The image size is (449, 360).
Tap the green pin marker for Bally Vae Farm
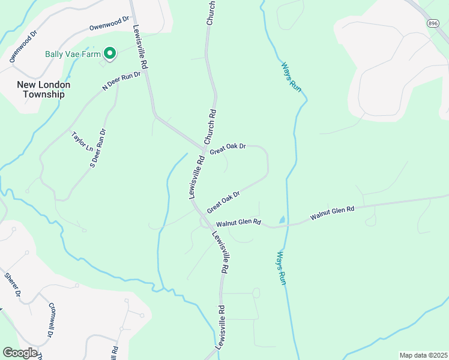click(x=110, y=54)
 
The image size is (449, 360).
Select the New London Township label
click(x=43, y=89)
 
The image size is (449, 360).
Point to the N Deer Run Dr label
click(x=121, y=81)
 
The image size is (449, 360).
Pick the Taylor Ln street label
click(x=82, y=142)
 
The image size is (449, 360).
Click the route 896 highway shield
click(x=433, y=23)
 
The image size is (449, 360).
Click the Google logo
click(x=20, y=353)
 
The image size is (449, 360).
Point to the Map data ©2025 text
click(x=423, y=355)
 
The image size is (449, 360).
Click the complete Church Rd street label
click(x=209, y=126)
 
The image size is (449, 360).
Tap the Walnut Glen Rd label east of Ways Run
click(x=333, y=213)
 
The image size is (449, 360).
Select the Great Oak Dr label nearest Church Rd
click(x=228, y=147)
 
